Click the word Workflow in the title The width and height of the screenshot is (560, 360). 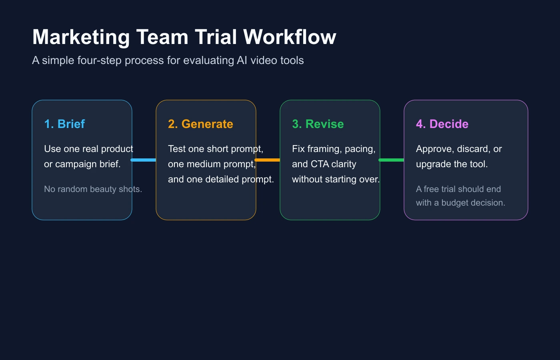(290, 37)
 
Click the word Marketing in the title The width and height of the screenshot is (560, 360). (81, 37)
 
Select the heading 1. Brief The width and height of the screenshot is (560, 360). (64, 124)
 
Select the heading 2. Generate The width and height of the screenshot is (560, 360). (200, 124)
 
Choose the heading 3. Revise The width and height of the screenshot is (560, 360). (318, 124)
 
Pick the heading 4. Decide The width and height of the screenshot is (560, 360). (442, 124)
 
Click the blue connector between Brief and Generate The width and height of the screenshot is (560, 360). (144, 160)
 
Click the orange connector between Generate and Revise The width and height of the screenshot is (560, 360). (268, 160)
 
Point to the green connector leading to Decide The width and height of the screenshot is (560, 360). (392, 160)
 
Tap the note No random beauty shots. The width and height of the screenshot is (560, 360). (93, 189)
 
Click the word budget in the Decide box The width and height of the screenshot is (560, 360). (454, 203)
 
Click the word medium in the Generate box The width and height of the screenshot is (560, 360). (203, 164)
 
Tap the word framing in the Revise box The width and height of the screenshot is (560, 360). (324, 149)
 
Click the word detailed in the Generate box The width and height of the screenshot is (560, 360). (221, 179)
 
